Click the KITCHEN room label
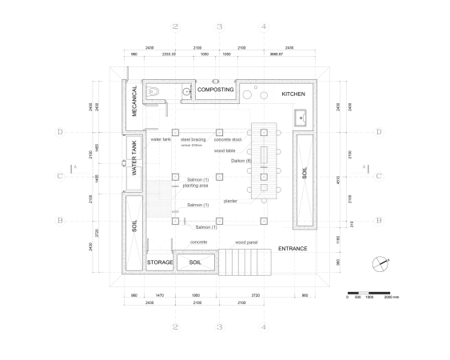[293, 94]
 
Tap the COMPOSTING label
[215, 90]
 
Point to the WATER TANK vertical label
[135, 158]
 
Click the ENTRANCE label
[293, 249]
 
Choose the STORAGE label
[160, 262]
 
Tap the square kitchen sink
[302, 120]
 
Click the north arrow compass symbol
[381, 262]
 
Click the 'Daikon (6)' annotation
[241, 161]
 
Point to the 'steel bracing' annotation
[193, 139]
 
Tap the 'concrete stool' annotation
[238, 139]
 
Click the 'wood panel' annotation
[245, 241]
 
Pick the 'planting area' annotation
[195, 185]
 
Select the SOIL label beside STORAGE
[194, 262]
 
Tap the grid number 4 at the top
[264, 26]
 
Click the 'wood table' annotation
[225, 150]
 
